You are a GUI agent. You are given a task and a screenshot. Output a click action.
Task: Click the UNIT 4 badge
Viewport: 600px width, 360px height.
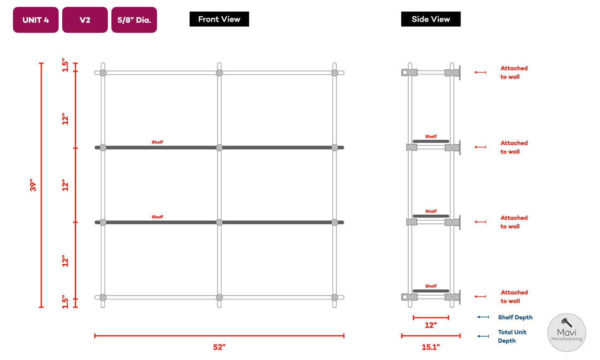[36, 20]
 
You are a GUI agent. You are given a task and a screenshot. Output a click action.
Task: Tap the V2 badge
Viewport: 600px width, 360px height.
[85, 20]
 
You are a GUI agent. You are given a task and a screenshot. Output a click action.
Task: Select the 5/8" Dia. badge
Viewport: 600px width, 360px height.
[134, 20]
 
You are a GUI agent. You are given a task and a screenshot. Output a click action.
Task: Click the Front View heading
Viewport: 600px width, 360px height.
[219, 19]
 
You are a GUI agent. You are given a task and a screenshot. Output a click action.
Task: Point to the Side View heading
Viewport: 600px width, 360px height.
[431, 19]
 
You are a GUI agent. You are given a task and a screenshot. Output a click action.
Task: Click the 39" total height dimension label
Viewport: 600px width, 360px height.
[33, 185]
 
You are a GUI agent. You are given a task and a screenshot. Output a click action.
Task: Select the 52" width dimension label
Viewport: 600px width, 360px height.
[219, 347]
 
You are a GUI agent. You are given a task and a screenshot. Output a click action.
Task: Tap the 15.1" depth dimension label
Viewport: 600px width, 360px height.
[431, 347]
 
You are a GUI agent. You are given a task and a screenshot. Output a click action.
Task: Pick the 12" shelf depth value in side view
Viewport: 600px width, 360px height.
[431, 325]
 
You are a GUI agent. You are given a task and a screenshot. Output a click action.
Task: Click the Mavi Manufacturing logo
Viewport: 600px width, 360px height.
[566, 333]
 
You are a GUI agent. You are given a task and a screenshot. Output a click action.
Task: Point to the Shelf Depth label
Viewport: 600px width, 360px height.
[515, 317]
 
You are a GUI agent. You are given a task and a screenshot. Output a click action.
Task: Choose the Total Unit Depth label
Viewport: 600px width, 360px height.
[512, 336]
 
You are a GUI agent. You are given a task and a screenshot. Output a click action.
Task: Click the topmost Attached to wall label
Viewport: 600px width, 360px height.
[514, 72]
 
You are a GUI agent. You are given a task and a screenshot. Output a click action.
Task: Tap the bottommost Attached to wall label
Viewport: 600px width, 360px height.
[514, 296]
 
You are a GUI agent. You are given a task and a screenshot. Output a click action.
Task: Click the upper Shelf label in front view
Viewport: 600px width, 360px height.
[157, 142]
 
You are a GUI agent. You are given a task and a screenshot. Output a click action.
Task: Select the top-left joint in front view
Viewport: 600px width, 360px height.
[103, 73]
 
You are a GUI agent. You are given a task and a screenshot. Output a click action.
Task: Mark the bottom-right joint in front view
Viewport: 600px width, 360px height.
[335, 297]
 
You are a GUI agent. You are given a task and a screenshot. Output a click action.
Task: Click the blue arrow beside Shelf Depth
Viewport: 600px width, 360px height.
[483, 317]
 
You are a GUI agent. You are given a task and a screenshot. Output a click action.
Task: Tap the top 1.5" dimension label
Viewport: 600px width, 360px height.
[65, 65]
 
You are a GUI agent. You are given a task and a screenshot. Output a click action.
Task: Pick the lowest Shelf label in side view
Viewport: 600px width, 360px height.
[431, 286]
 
